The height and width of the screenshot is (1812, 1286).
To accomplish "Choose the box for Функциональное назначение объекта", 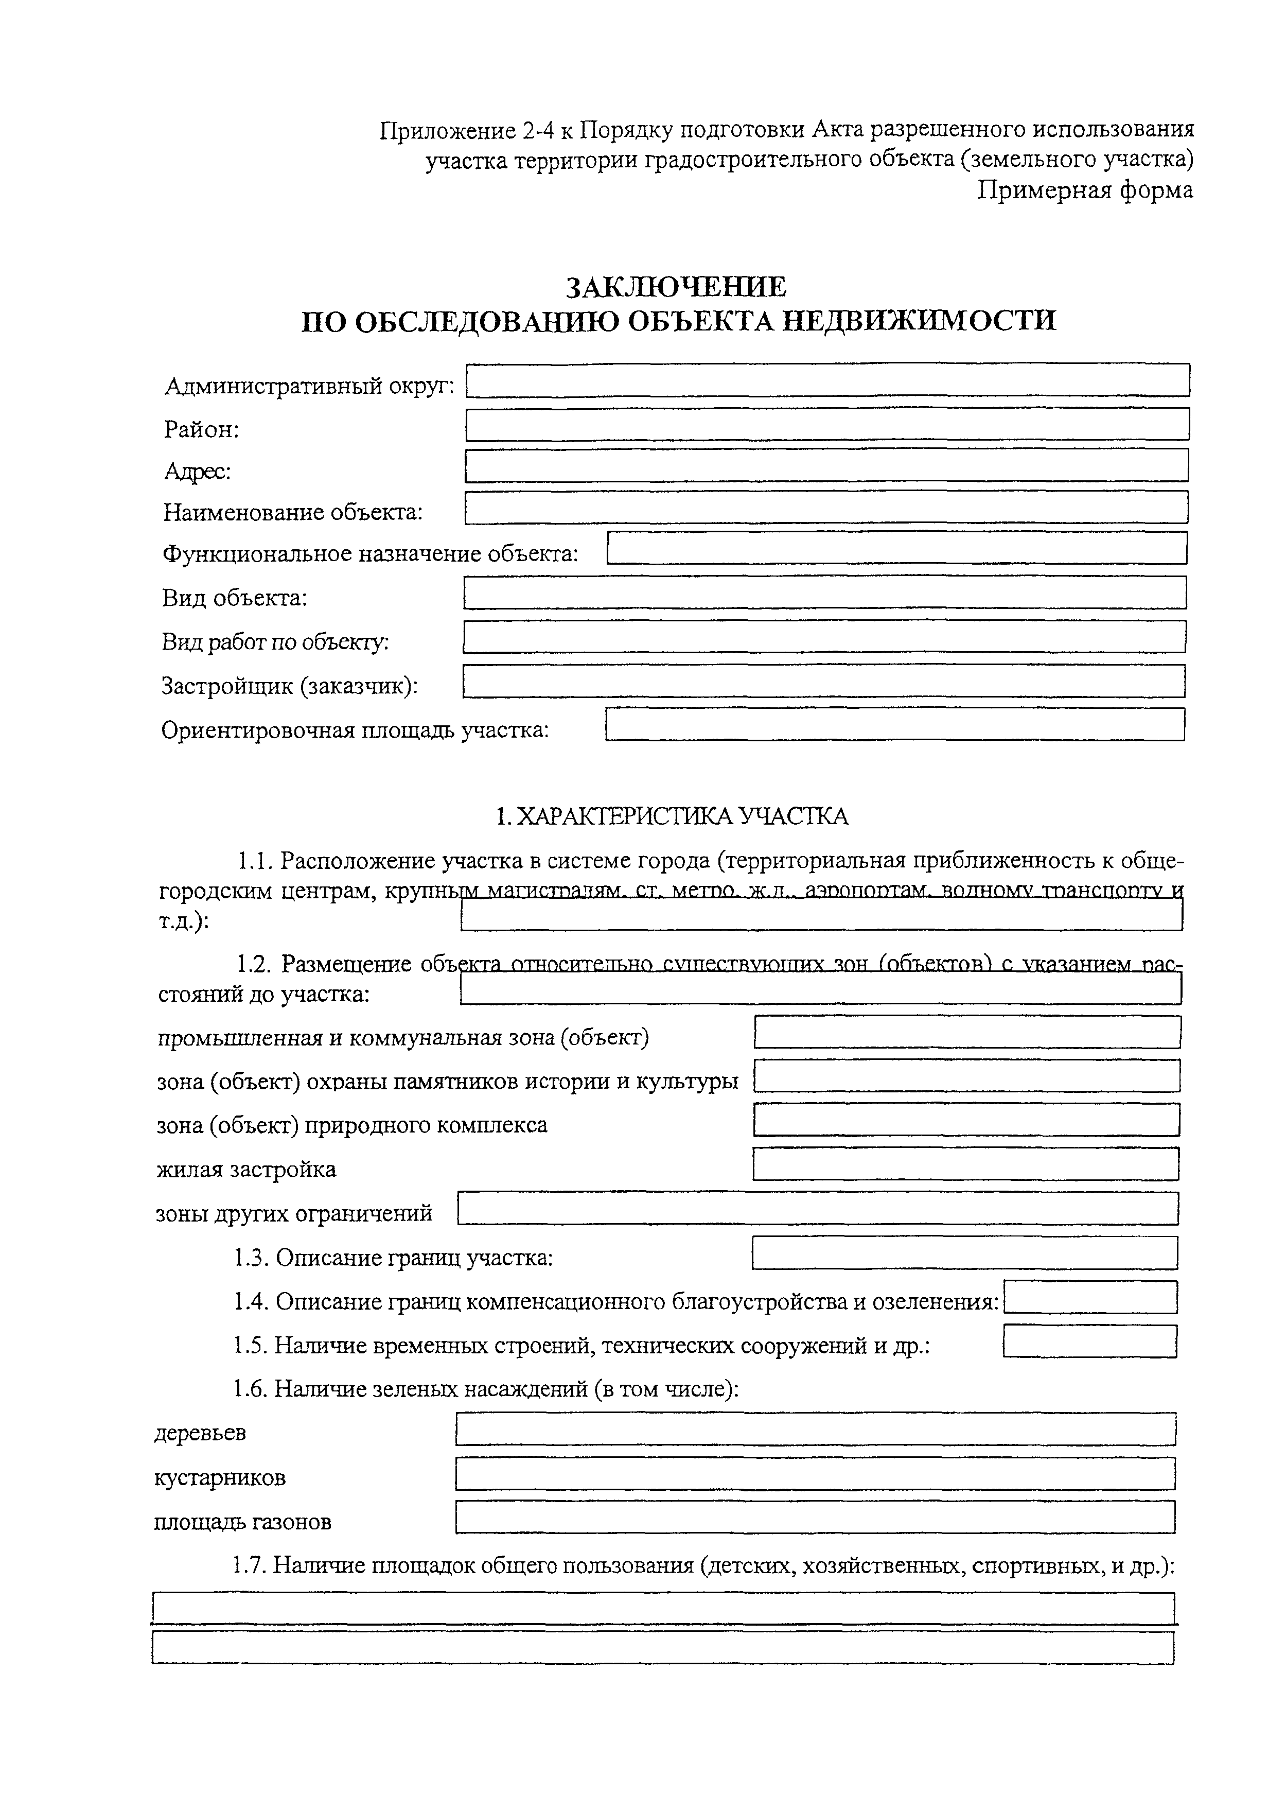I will [x=897, y=548].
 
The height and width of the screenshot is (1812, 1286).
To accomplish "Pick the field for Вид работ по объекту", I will [x=824, y=637].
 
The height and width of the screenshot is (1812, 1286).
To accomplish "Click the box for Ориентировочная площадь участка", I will [x=895, y=724].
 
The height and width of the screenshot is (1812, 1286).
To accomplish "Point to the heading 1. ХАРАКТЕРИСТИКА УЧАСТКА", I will [x=672, y=816].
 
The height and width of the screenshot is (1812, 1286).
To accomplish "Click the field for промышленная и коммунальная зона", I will [x=967, y=1032].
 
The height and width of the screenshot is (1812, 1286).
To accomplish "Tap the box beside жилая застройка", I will [x=965, y=1163].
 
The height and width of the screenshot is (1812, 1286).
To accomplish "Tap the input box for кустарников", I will [x=816, y=1474].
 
